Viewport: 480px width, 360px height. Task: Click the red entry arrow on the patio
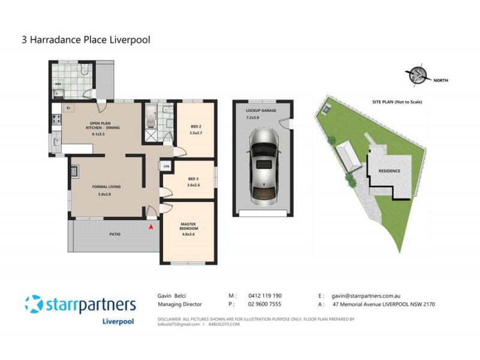pyautogui.click(x=151, y=227)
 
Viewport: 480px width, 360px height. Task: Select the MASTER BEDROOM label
pyautogui.click(x=189, y=226)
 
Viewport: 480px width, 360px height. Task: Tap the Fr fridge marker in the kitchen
pyautogui.click(x=69, y=108)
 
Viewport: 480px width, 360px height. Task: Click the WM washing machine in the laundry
pyautogui.click(x=59, y=85)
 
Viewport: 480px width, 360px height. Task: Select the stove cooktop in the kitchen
pyautogui.click(x=57, y=118)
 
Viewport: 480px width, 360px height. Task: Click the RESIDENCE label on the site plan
pyautogui.click(x=389, y=171)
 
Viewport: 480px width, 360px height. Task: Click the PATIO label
pyautogui.click(x=114, y=234)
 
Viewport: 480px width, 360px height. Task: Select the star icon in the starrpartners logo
pyautogui.click(x=34, y=304)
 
